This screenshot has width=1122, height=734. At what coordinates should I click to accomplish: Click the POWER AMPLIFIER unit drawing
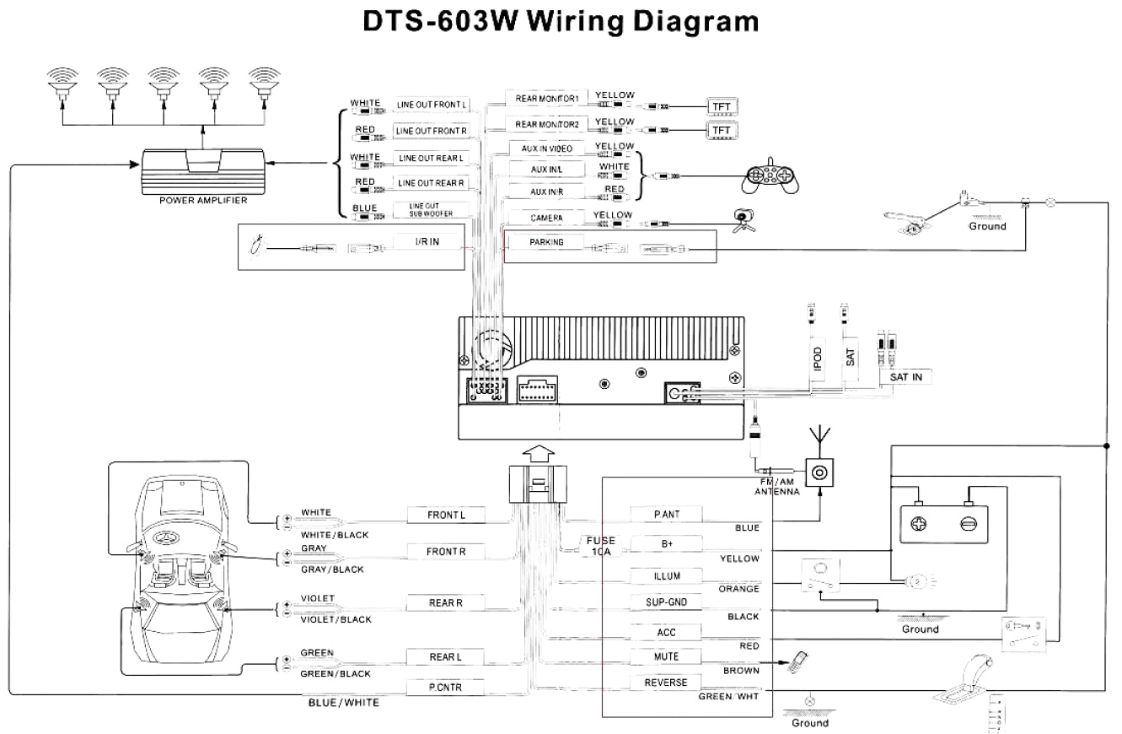203,172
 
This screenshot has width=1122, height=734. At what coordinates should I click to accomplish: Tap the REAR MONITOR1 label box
546,99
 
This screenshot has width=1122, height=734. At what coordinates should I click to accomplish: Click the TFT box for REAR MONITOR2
721,130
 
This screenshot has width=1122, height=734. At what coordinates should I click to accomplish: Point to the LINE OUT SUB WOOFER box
430,210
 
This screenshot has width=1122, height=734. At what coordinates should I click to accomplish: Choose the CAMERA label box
546,218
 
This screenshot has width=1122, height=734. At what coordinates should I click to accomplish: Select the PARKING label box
546,242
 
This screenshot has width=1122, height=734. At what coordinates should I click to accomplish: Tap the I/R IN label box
427,242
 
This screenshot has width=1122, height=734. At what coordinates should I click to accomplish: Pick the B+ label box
666,544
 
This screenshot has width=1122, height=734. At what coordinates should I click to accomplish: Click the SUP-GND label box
666,602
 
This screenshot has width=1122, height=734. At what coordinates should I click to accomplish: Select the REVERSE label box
666,683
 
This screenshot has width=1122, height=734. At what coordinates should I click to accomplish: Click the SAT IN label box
905,377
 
